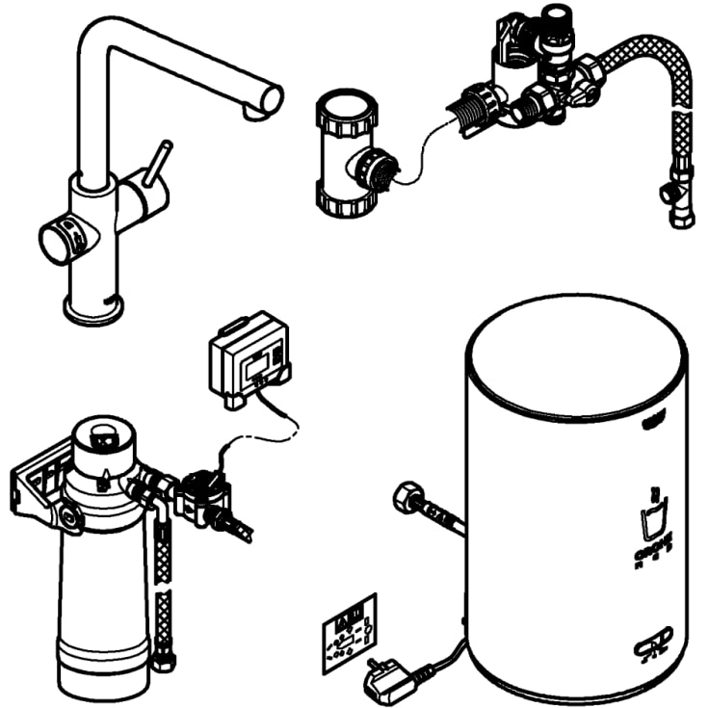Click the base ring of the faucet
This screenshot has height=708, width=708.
(x=93, y=309)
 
